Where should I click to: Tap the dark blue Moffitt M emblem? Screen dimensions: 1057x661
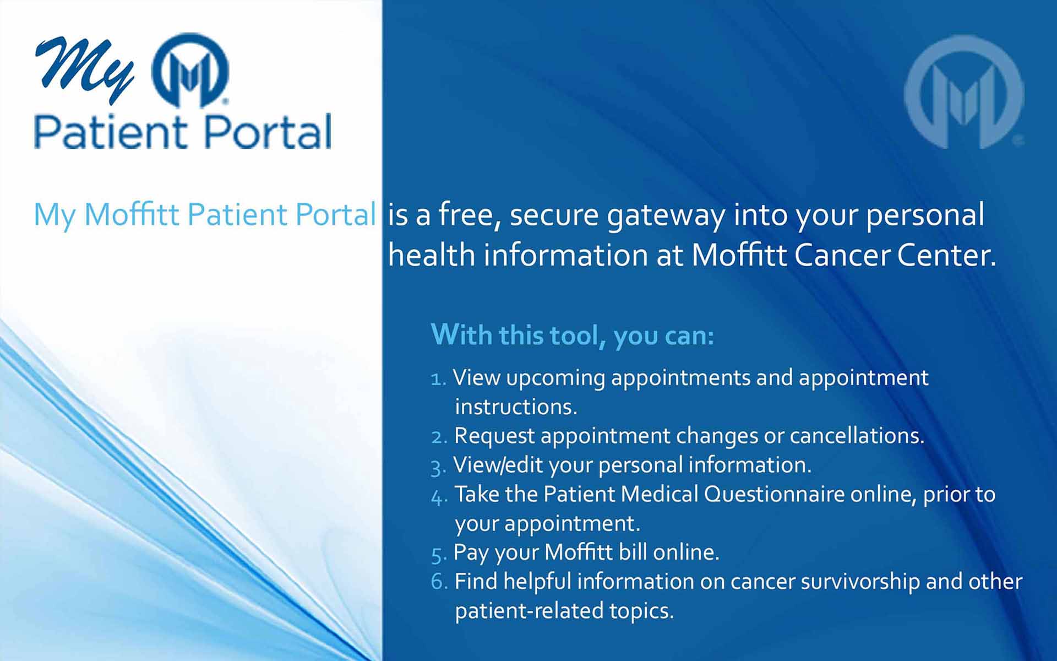click(190, 70)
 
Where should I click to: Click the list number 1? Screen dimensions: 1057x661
click(438, 379)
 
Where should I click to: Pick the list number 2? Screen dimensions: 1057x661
click(439, 437)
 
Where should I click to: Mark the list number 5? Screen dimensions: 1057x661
click(438, 555)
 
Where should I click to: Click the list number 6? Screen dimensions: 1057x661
click(439, 582)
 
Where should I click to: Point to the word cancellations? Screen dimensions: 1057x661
click(857, 436)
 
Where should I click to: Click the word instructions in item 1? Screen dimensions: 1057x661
click(516, 407)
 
